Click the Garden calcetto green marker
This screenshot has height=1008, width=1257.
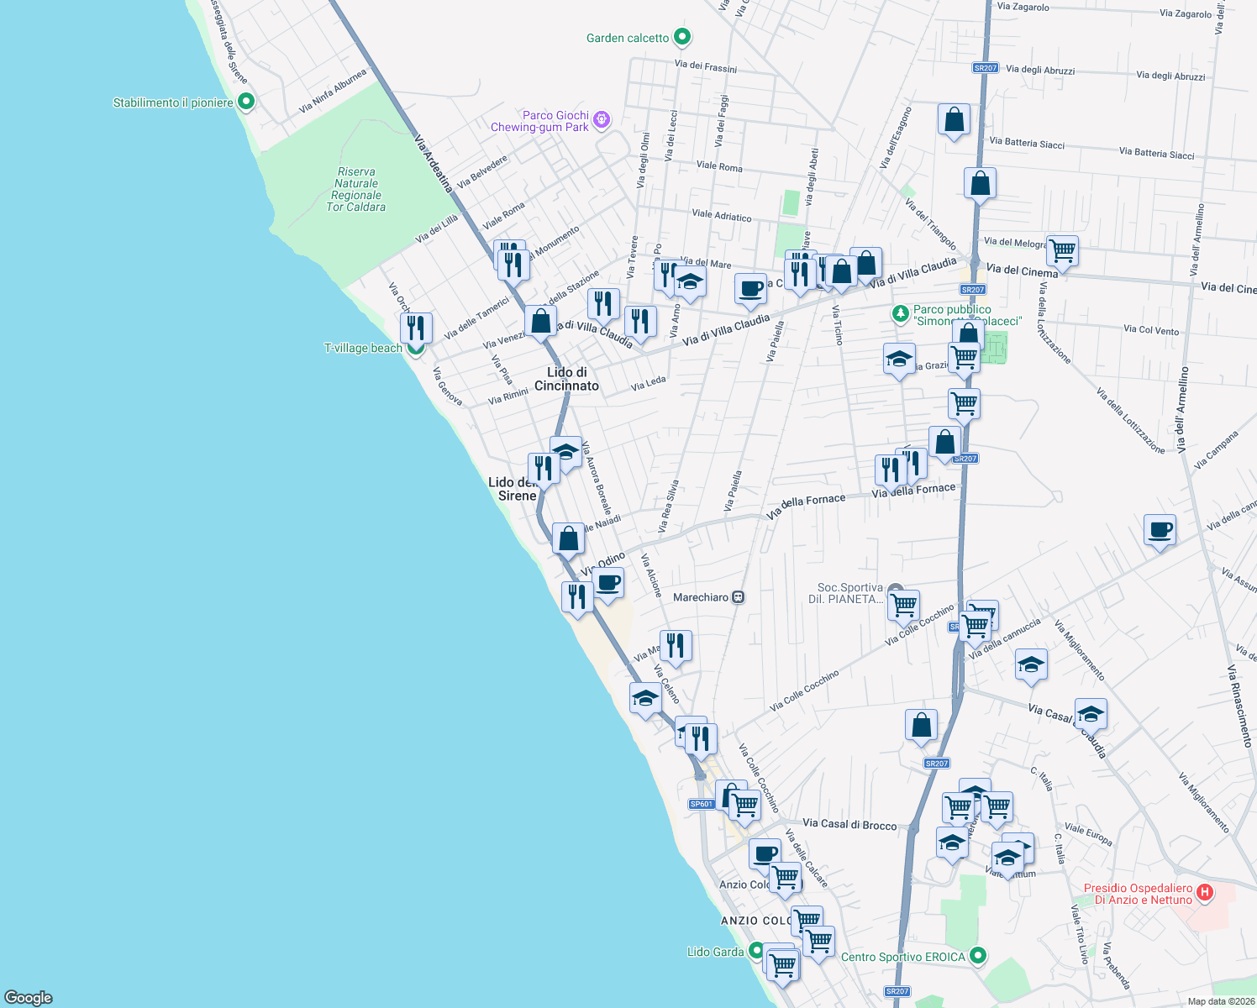pyautogui.click(x=682, y=37)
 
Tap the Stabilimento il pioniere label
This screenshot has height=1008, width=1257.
pyautogui.click(x=173, y=102)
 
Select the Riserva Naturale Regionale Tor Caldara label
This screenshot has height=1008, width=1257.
pyautogui.click(x=356, y=190)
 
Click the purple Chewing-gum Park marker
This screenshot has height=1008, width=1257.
pyautogui.click(x=601, y=121)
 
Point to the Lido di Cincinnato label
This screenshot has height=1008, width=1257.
pyautogui.click(x=567, y=379)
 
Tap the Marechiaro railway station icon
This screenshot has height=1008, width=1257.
pyautogui.click(x=738, y=597)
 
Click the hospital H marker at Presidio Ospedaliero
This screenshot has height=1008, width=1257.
pyautogui.click(x=1204, y=892)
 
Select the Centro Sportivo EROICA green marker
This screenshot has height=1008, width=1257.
pyautogui.click(x=977, y=956)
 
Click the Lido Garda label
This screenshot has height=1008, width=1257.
pyautogui.click(x=715, y=952)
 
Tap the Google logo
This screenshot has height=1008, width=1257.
pyautogui.click(x=28, y=998)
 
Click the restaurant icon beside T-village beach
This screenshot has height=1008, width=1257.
pyautogui.click(x=416, y=328)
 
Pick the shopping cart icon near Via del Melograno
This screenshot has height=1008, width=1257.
pyautogui.click(x=1063, y=249)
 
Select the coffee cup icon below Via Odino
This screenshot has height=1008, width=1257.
pyautogui.click(x=608, y=583)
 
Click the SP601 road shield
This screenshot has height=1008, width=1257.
pyautogui.click(x=702, y=804)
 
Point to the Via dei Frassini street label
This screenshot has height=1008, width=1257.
pyautogui.click(x=705, y=66)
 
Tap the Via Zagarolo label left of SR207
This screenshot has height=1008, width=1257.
pyautogui.click(x=1023, y=7)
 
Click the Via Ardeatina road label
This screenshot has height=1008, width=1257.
pyautogui.click(x=434, y=164)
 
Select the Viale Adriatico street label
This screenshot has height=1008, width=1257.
pyautogui.click(x=721, y=216)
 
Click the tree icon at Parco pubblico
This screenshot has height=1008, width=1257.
pyautogui.click(x=901, y=314)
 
